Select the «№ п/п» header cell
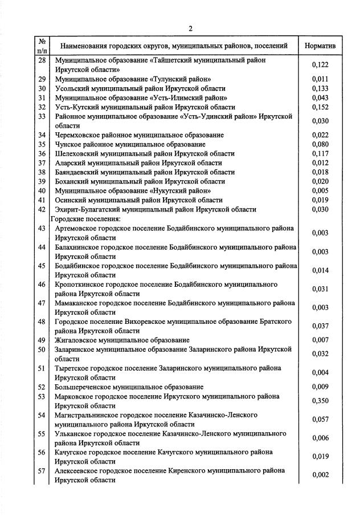[x=42, y=45]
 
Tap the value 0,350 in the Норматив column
[x=320, y=401]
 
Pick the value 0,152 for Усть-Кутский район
[x=320, y=107]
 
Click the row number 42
[x=42, y=209]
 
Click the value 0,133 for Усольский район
[x=320, y=88]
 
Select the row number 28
[x=42, y=60]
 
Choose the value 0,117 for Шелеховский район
[x=320, y=153]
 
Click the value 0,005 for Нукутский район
[x=320, y=190]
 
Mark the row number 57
[x=42, y=471]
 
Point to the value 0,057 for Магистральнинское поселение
[x=320, y=420]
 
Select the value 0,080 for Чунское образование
[x=320, y=144]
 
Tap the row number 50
[x=42, y=349]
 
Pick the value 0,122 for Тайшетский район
[x=320, y=65]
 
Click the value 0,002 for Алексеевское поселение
[x=320, y=476]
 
